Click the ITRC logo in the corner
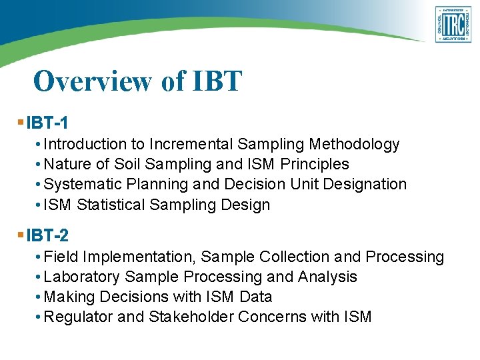(x=453, y=25)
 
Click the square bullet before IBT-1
(x=21, y=123)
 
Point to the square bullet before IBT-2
(x=21, y=235)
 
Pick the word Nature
(x=66, y=164)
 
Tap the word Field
(x=58, y=257)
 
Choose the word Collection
(x=291, y=257)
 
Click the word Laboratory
(x=81, y=277)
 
